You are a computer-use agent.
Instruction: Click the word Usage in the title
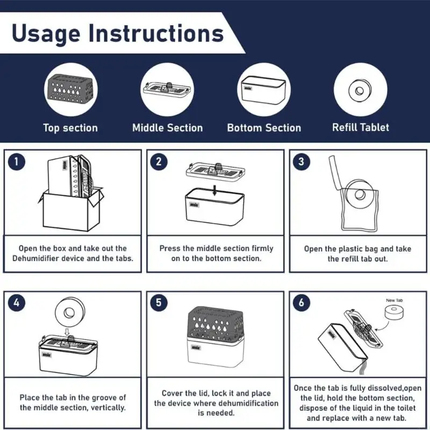46,34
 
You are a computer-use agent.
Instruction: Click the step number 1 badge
17,162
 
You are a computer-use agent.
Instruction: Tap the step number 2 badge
159,162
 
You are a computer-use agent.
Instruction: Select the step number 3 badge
301,162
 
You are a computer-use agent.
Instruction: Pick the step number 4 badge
17,303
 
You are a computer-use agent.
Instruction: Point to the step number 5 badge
159,303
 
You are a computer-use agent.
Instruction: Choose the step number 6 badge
301,303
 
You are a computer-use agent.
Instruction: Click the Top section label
70,128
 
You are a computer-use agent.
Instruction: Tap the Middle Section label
168,128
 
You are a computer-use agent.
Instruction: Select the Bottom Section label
264,128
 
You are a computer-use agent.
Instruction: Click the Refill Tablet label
361,127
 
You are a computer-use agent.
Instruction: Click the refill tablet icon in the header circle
360,90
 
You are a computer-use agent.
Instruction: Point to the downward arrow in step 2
214,190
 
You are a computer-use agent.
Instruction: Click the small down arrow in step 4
67,332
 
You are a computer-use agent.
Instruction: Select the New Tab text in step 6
395,300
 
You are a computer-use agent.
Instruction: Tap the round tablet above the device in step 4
69,312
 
